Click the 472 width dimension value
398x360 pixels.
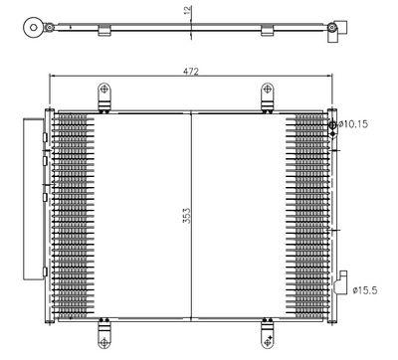pos(190,72)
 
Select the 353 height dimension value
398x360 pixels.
pos(187,216)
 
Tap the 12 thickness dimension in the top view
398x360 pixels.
pos(187,10)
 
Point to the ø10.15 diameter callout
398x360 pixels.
pos(353,124)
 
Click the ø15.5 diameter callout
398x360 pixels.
pos(365,290)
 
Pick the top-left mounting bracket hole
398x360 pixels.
pos(104,89)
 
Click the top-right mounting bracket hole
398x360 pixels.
pos(268,89)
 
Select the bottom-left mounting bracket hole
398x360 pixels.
pos(104,342)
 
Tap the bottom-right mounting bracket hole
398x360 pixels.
pos(268,342)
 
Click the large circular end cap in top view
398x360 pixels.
pos(34,27)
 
